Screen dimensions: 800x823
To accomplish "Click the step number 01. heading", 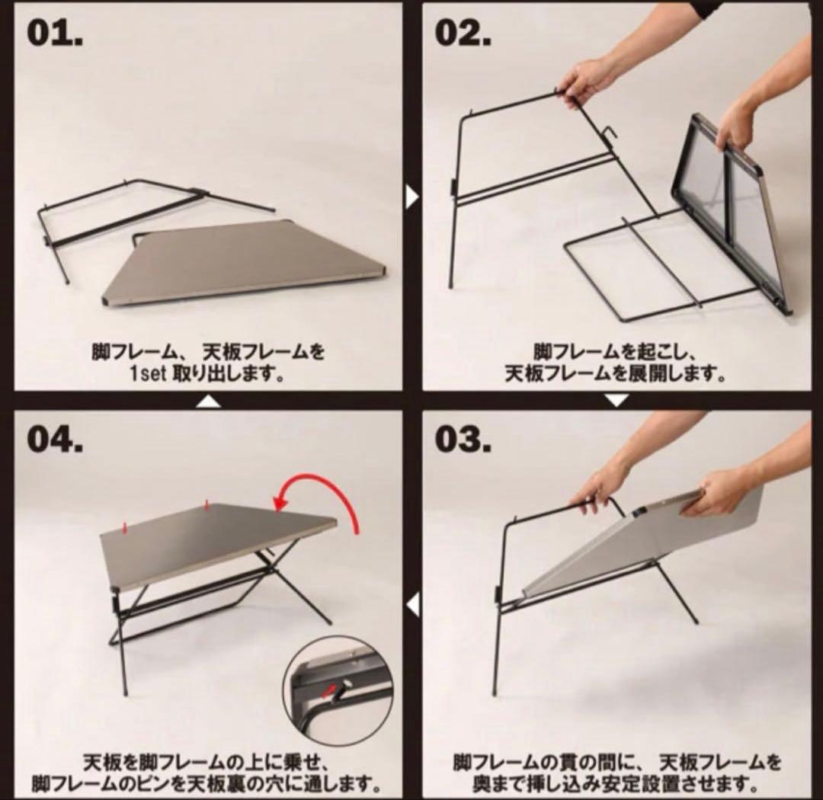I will pyautogui.click(x=55, y=34).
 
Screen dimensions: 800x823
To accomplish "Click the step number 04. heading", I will pyautogui.click(x=56, y=440).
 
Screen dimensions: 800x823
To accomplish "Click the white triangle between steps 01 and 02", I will pyautogui.click(x=412, y=197).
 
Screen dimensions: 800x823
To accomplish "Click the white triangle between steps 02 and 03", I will pyautogui.click(x=616, y=399).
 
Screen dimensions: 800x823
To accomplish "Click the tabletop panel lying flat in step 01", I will pyautogui.click(x=244, y=263).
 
